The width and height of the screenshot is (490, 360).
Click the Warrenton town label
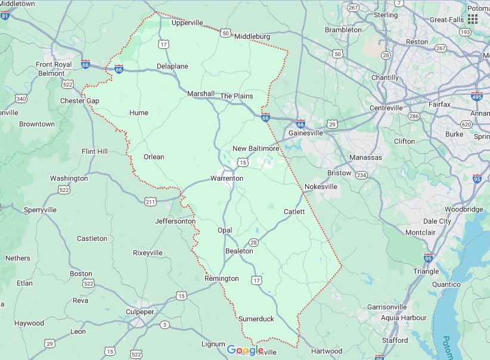coord(227,178)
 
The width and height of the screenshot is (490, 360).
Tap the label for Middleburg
coord(252,36)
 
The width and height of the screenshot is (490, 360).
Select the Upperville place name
coord(187,23)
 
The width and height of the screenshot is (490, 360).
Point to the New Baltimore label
coord(256,148)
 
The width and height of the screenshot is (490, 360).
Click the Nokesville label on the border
coord(321,187)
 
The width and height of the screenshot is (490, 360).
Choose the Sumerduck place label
coord(256,319)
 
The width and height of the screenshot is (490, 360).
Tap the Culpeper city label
coord(140,312)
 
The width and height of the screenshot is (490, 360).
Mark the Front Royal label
coord(54,64)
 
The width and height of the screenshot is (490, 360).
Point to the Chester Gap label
coord(79,101)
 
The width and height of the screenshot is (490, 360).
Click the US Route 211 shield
coord(151,203)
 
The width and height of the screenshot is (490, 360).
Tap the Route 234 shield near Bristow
coord(361,175)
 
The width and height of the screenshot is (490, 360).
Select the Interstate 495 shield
coord(476,97)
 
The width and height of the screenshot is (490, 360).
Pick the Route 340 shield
coord(21,98)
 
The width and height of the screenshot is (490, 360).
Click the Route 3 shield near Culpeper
coord(165,325)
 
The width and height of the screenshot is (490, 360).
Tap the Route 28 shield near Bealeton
coord(253,242)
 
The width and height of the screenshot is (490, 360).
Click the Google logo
coord(245,350)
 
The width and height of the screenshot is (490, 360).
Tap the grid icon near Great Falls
coord(473,19)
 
